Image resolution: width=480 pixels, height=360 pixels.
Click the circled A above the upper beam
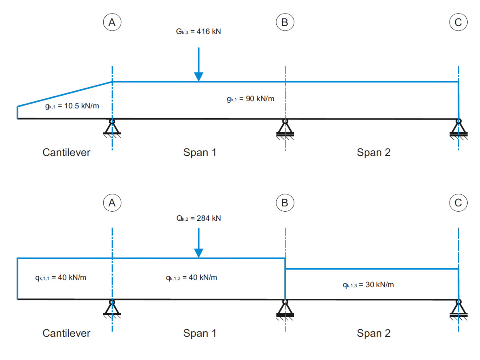point(112,22)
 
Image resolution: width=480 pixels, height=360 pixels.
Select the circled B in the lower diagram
point(285,203)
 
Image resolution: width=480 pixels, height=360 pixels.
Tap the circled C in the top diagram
point(458,22)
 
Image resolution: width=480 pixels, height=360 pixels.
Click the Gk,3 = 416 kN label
point(198,31)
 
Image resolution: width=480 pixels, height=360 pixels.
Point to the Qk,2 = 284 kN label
point(198,218)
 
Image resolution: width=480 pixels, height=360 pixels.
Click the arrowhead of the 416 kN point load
point(198,77)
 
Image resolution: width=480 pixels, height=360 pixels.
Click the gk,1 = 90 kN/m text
point(250,99)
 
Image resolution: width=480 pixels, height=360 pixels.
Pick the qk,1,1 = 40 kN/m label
point(60,278)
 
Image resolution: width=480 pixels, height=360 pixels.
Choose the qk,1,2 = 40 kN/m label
point(192,278)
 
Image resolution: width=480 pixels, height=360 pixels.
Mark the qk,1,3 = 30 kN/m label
point(368,285)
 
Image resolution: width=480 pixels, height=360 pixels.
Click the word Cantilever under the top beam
point(66,152)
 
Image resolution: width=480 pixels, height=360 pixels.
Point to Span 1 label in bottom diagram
point(200,333)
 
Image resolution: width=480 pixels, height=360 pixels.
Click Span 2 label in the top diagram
point(374,152)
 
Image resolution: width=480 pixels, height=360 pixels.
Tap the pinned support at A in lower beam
point(112,309)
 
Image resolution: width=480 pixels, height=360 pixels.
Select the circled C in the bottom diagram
point(458,203)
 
